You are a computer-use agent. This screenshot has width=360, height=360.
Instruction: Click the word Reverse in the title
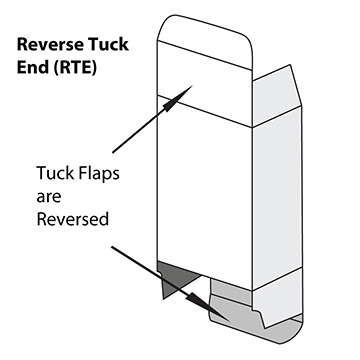click(48, 46)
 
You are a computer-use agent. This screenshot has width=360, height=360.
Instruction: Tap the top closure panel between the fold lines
click(205, 75)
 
